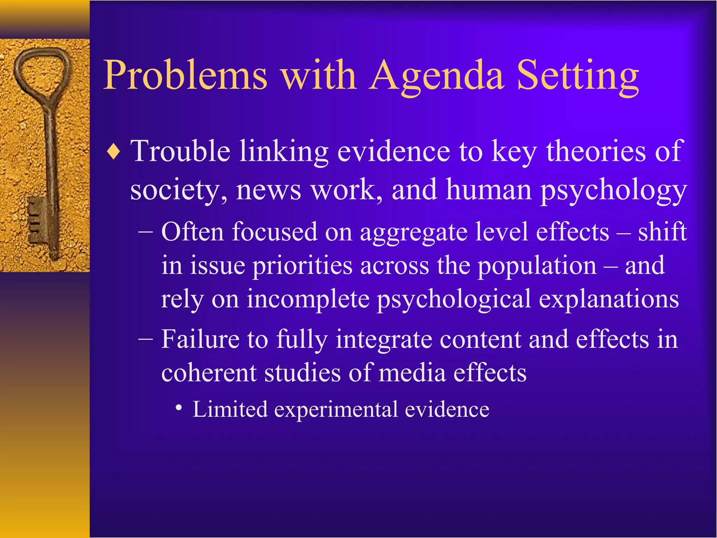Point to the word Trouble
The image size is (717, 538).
click(x=180, y=151)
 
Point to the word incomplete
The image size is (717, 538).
click(x=308, y=300)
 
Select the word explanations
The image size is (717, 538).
click(x=609, y=300)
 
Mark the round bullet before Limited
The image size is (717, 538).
click(x=179, y=408)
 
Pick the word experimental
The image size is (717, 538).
click(x=336, y=409)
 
